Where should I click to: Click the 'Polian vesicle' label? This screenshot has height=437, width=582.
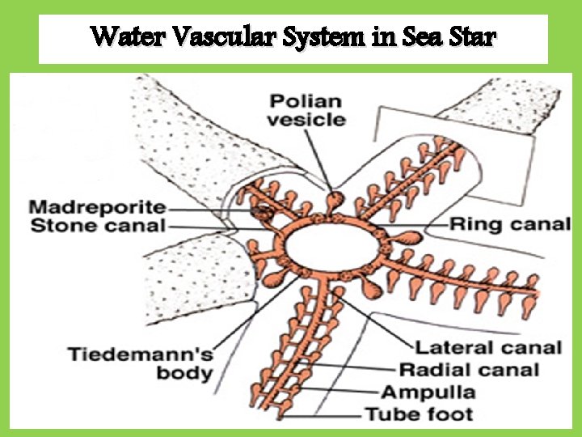point(306,111)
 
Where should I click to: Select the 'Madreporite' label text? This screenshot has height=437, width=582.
point(98,208)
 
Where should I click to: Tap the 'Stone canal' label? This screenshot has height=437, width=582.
point(98,226)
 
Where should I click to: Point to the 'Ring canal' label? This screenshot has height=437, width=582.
point(510,223)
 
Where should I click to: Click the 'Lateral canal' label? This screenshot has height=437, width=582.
point(488,348)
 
